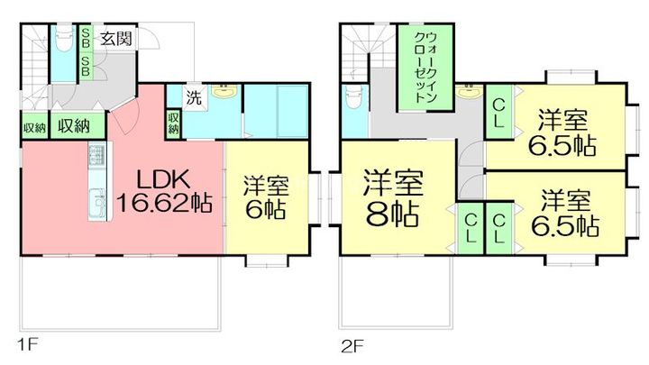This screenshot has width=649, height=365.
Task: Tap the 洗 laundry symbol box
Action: tap(194, 96)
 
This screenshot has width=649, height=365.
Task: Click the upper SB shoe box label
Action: tap(86, 38)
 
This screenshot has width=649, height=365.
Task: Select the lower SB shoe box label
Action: tap(86, 65)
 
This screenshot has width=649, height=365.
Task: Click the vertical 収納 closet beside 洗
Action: tap(173, 123)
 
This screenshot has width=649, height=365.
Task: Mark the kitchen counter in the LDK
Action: tap(96, 185)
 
